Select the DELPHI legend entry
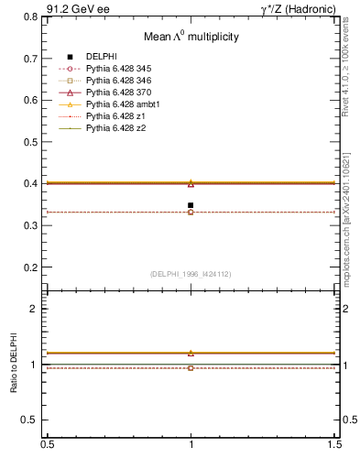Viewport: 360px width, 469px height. pyautogui.click(x=102, y=57)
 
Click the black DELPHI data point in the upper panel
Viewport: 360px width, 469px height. pyautogui.click(x=191, y=205)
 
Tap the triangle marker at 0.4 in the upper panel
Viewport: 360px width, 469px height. pyautogui.click(x=191, y=183)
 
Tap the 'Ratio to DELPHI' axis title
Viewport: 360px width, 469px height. pyautogui.click(x=14, y=365)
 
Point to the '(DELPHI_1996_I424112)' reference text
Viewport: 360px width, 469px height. pyautogui.click(x=191, y=274)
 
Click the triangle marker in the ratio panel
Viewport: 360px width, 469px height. pyautogui.click(x=191, y=353)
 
